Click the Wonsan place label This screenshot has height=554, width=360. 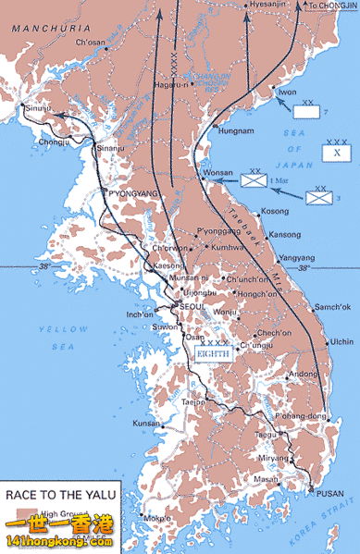[217, 174]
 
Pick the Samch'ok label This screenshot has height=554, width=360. [332, 306]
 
